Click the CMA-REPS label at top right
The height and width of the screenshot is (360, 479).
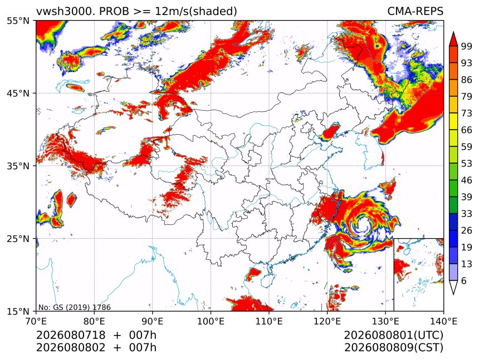(x=415, y=11)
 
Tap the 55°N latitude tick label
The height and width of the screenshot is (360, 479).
(x=18, y=21)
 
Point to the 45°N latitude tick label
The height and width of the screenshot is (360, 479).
(x=18, y=93)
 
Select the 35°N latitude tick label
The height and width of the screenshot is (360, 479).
(x=18, y=166)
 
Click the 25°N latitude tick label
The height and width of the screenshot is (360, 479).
(x=18, y=239)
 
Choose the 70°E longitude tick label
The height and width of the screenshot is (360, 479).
(x=36, y=321)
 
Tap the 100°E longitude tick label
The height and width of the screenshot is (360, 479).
(x=211, y=321)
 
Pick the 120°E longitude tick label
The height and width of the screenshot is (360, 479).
(x=327, y=321)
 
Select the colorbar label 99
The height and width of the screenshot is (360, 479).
(x=467, y=46)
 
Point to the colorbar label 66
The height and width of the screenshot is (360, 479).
(x=467, y=130)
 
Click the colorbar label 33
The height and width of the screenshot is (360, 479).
(x=467, y=214)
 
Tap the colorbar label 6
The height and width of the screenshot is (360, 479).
(x=464, y=280)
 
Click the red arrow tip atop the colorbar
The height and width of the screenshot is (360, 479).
(x=453, y=32)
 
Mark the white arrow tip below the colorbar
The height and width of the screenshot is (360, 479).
(x=453, y=294)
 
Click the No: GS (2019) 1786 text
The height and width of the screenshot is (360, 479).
(x=75, y=307)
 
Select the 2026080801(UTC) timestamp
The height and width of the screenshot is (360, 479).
(x=393, y=335)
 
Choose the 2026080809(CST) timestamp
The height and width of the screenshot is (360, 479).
(x=393, y=348)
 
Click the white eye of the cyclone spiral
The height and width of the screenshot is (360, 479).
(x=364, y=225)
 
